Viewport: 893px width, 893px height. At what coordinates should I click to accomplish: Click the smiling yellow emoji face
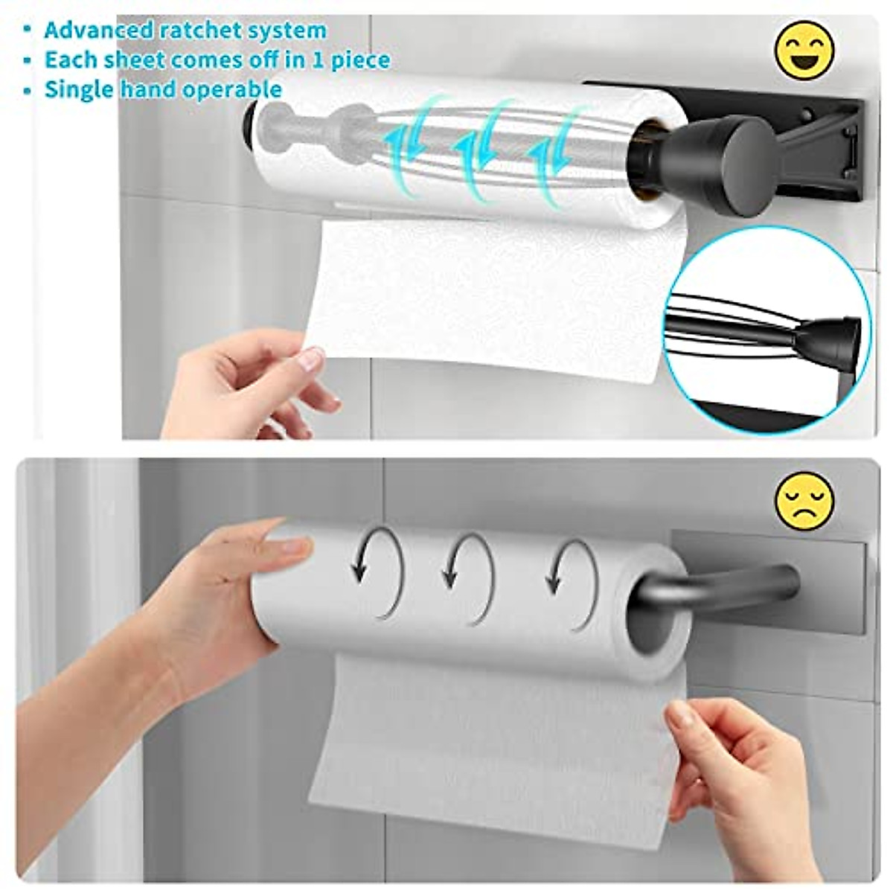(804, 51)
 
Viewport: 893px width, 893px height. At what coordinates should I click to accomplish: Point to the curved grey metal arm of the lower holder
(714, 588)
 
